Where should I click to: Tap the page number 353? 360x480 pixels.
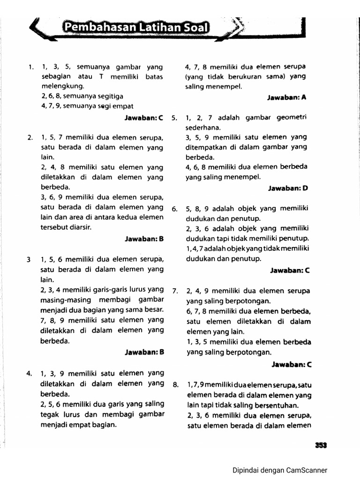321,446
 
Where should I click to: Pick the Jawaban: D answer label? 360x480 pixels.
287,188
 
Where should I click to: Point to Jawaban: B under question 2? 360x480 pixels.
143,239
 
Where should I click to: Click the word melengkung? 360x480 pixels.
62,86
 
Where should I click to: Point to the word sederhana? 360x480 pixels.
202,127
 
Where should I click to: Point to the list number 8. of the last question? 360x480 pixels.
175,385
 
